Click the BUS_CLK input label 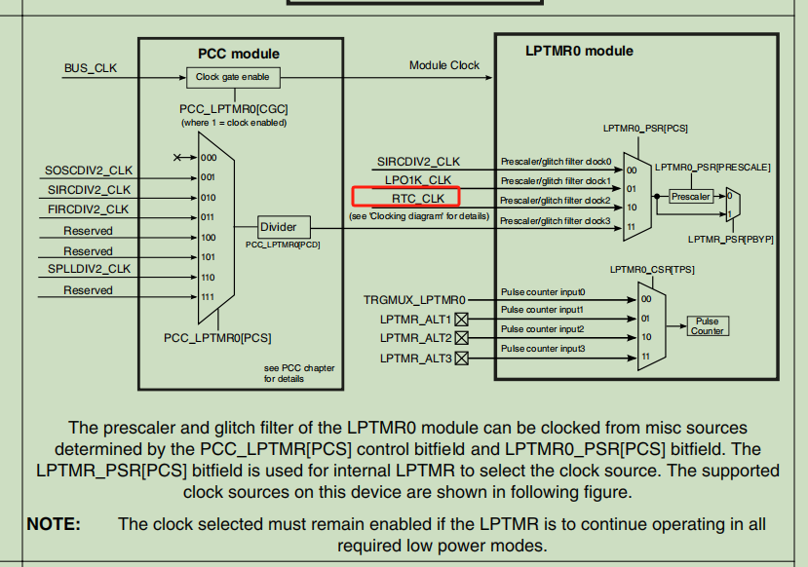[x=90, y=68]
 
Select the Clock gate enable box [x=233, y=76]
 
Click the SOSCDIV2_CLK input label [x=88, y=170]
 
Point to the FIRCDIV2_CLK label [x=88, y=209]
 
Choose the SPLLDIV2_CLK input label [x=88, y=269]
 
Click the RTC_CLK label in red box [x=418, y=199]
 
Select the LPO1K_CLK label [x=418, y=180]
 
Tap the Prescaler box [x=690, y=197]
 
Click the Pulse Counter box [x=707, y=326]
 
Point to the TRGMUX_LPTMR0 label [x=415, y=300]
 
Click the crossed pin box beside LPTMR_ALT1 [x=462, y=319]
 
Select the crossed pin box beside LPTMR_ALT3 [x=462, y=359]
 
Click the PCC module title [x=239, y=54]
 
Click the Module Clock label [x=444, y=65]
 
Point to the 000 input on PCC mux [x=209, y=158]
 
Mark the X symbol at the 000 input [x=177, y=157]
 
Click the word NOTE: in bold [x=54, y=524]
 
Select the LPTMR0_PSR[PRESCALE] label [x=712, y=168]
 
